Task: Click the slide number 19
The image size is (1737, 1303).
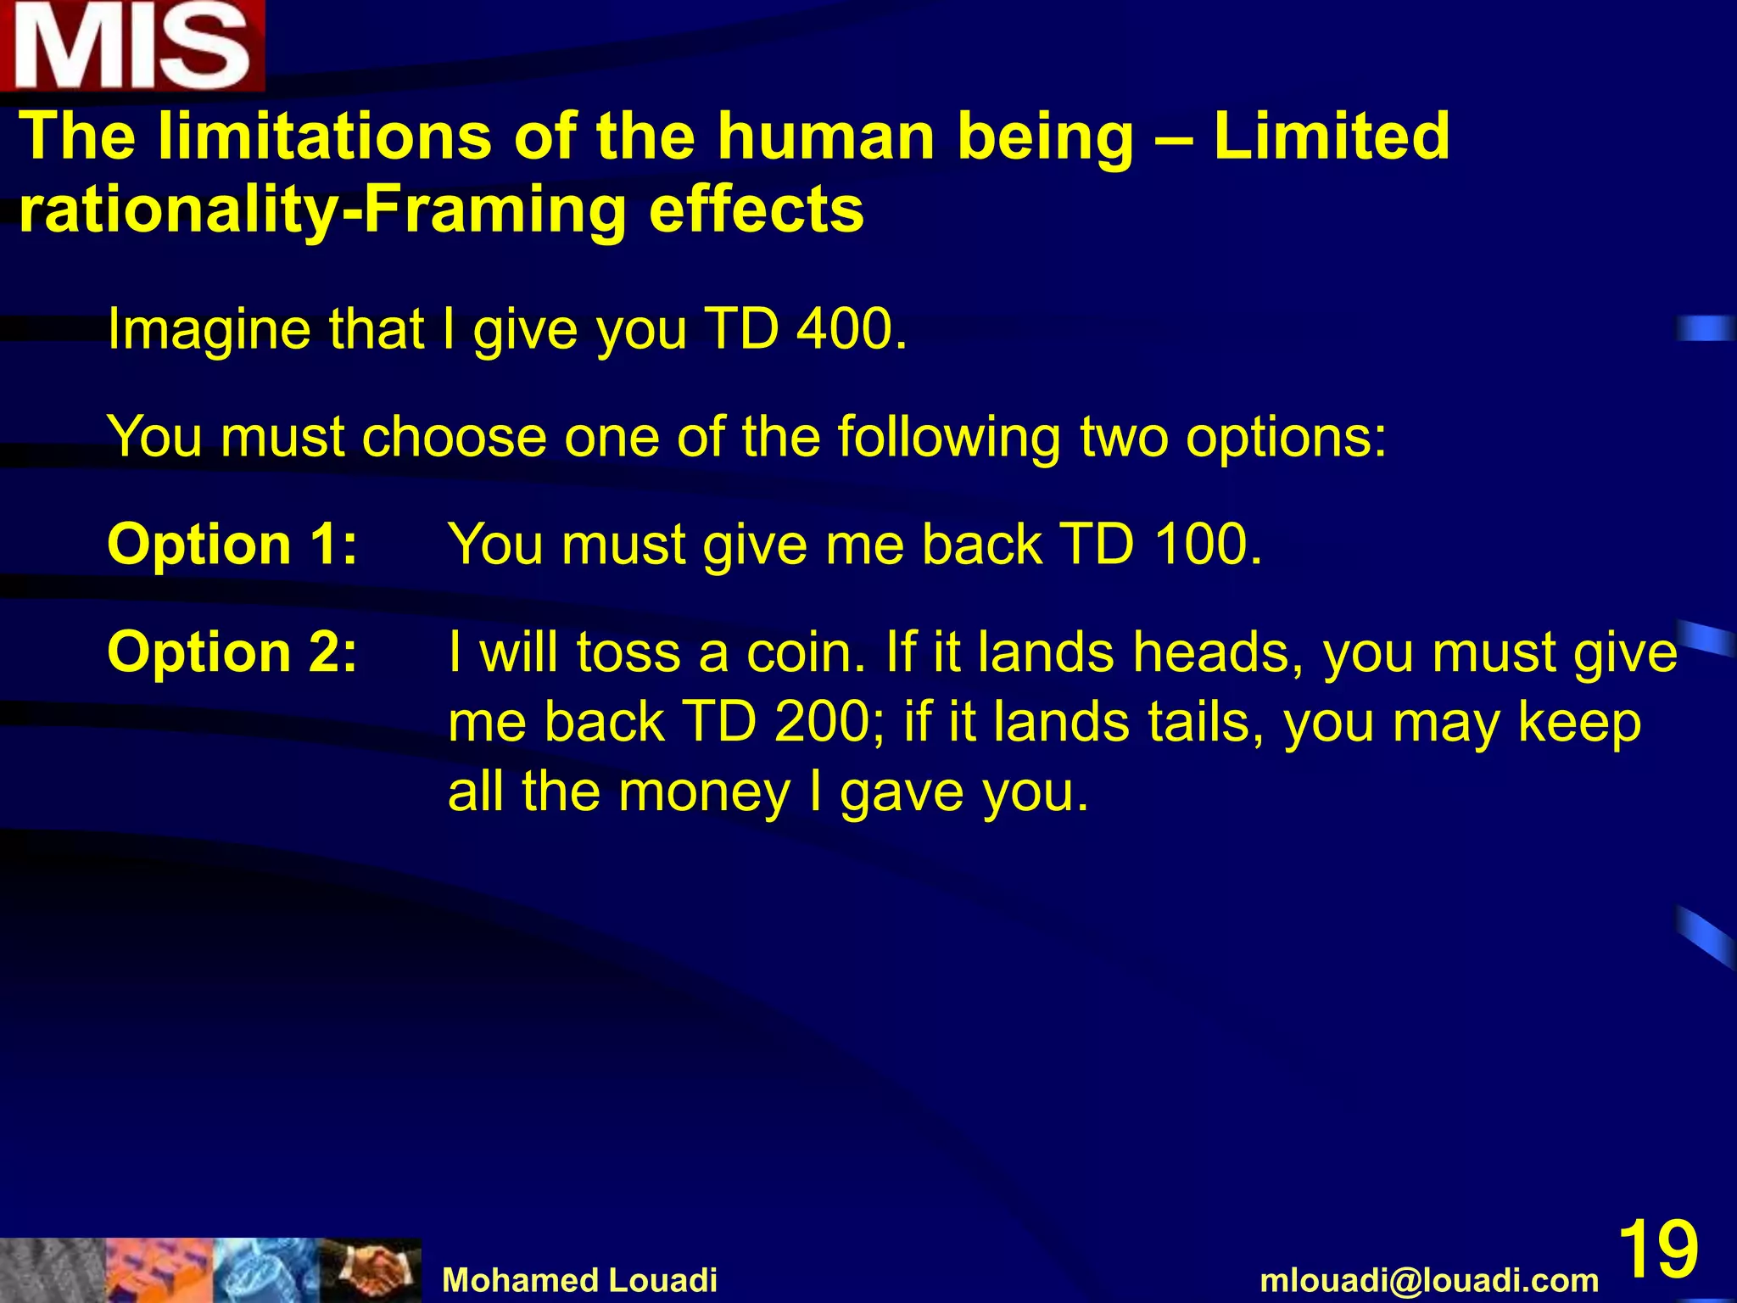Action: pyautogui.click(x=1658, y=1249)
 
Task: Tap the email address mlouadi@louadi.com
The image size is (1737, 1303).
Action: pyautogui.click(x=1429, y=1280)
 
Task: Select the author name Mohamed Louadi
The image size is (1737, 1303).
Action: pyautogui.click(x=580, y=1280)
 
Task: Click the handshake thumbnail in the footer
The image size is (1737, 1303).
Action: pyautogui.click(x=371, y=1270)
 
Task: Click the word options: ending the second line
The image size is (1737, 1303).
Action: pyautogui.click(x=1286, y=439)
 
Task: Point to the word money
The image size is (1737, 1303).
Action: pyautogui.click(x=704, y=792)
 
